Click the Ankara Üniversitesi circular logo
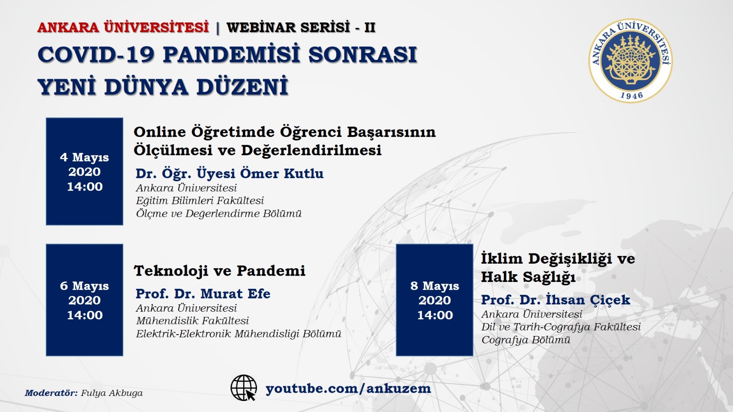tap(630, 60)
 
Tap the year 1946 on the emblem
tap(632, 96)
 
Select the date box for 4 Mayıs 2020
tap(84, 171)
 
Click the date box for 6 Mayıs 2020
tap(84, 300)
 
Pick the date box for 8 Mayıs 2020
tap(435, 300)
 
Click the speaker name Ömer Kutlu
tap(282, 173)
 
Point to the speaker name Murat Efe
tap(235, 293)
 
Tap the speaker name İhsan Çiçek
tap(588, 299)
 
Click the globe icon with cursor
tap(243, 388)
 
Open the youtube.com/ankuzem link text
tap(348, 389)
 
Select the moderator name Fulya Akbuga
tap(112, 393)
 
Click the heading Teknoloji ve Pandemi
tap(219, 271)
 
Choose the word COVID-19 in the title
tap(96, 54)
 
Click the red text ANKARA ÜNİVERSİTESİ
tap(123, 27)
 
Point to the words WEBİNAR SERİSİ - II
tap(301, 27)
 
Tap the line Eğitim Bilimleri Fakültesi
tap(200, 201)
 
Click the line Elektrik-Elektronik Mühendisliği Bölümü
tap(239, 334)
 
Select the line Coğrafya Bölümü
tap(526, 340)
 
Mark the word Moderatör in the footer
tap(51, 393)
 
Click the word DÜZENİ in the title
tap(242, 87)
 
